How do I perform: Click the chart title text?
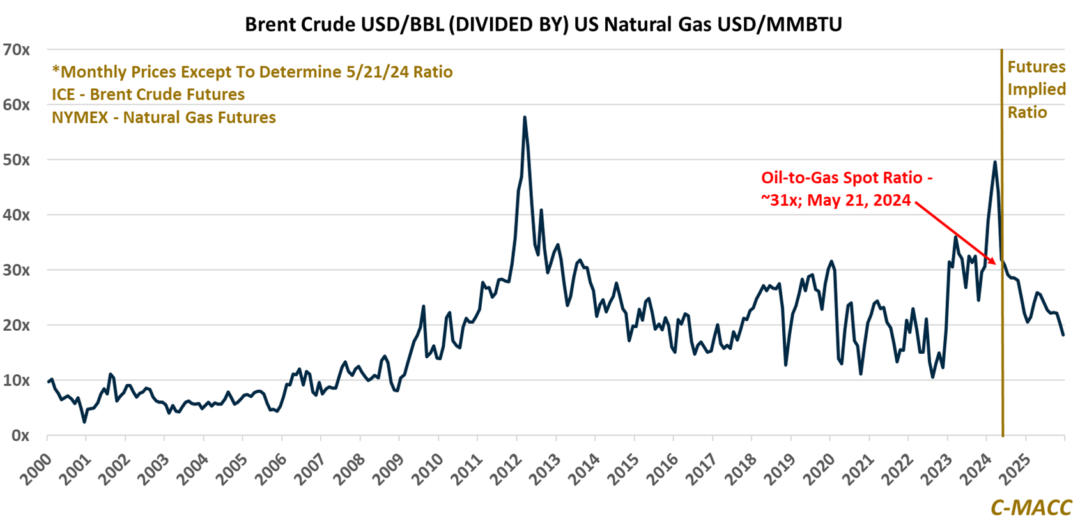(543, 24)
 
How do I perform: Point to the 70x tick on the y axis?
(17, 50)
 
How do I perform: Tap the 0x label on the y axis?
(20, 436)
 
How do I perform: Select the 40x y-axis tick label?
(17, 215)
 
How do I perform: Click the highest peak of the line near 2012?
(525, 117)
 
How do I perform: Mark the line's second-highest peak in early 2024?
(995, 162)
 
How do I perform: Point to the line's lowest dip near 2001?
(84, 422)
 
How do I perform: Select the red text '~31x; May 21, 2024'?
(836, 201)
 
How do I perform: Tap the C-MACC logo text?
(1031, 507)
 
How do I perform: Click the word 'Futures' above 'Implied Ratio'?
(1036, 67)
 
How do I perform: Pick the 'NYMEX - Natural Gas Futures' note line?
(164, 117)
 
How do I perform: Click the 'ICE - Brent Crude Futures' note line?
(148, 95)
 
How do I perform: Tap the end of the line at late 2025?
(1063, 335)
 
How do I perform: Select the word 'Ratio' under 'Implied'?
(1027, 112)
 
